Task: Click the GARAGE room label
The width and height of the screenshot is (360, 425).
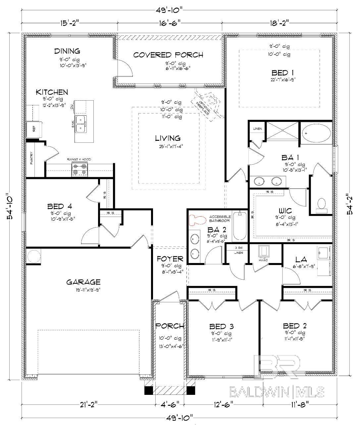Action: (83, 282)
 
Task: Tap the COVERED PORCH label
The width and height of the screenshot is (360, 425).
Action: (168, 55)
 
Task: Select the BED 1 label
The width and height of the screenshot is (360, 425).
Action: (282, 73)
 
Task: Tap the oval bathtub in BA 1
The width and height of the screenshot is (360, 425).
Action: (316, 133)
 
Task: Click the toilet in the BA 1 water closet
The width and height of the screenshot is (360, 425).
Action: (321, 205)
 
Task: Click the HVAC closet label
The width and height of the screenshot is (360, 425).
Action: (264, 260)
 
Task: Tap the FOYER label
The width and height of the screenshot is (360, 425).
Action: (170, 259)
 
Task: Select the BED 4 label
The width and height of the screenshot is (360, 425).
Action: (60, 206)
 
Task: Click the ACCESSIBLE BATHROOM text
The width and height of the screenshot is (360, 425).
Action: (219, 219)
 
